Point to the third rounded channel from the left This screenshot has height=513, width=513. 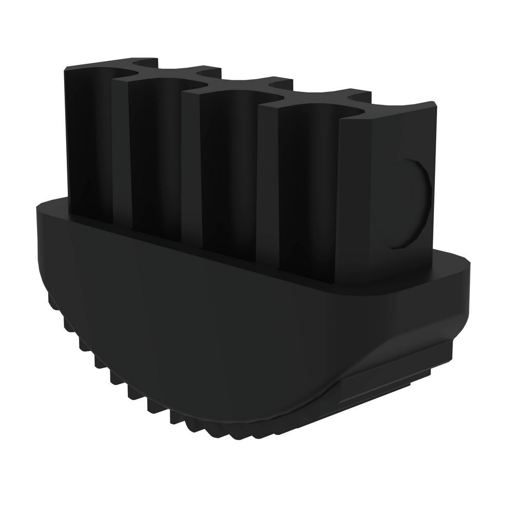pos(233,174)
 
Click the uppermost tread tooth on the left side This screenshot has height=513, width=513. pos(50,298)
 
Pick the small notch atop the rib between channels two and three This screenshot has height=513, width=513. pos(205,71)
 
